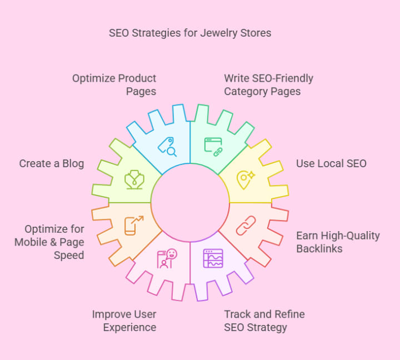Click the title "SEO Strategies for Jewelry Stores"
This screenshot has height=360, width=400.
(x=190, y=33)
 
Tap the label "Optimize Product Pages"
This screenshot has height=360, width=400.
(x=114, y=84)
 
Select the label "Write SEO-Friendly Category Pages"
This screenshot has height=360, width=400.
(x=268, y=84)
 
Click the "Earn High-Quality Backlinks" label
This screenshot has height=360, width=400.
(x=338, y=242)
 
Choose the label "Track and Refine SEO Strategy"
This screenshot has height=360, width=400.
(x=264, y=321)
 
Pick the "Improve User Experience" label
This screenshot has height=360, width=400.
(x=124, y=321)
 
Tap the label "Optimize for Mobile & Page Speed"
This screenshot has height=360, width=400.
(x=49, y=242)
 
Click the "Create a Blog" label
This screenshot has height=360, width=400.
(x=52, y=163)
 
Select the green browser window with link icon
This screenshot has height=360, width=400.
(x=213, y=146)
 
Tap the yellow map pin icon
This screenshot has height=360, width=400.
(x=244, y=179)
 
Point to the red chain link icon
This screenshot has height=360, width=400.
(x=245, y=225)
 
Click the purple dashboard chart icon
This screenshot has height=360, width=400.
(x=213, y=258)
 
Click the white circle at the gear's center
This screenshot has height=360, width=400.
(x=190, y=202)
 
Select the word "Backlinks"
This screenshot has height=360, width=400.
(x=319, y=248)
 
